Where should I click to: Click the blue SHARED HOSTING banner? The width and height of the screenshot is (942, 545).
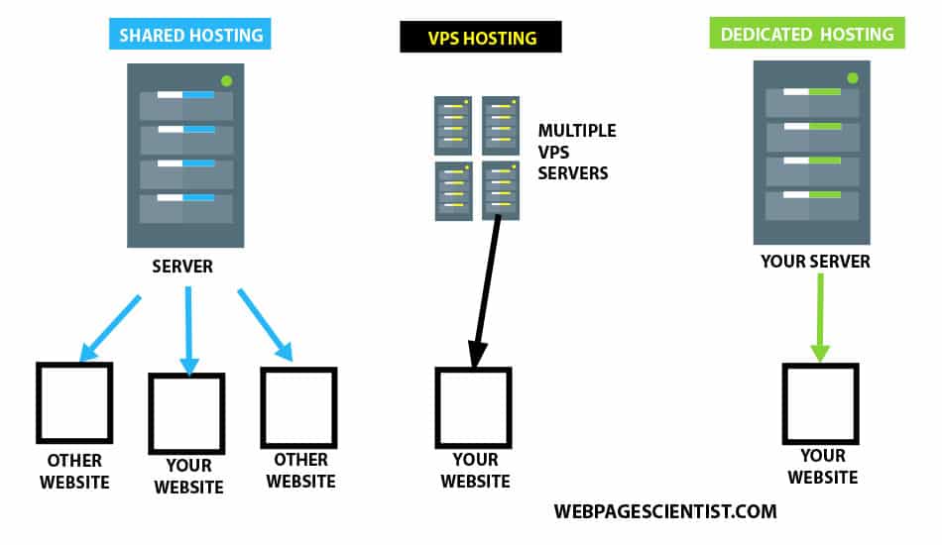[x=191, y=36]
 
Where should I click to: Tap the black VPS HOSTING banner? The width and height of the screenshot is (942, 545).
[x=481, y=39]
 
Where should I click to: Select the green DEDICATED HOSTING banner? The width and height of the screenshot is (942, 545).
[x=807, y=35]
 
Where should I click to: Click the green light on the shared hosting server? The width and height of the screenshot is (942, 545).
[x=227, y=80]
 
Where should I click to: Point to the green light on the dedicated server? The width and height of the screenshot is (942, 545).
[x=851, y=77]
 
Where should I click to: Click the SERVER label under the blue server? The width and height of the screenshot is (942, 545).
[x=182, y=268]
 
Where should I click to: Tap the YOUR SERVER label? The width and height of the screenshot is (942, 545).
[x=815, y=262]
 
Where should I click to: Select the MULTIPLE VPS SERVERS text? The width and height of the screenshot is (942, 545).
[x=576, y=152]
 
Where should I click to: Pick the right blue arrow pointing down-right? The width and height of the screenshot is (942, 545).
[x=265, y=325]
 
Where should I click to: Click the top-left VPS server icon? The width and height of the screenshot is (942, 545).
[x=453, y=125]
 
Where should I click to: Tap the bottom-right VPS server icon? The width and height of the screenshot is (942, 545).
[x=501, y=189]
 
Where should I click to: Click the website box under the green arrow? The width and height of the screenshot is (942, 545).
[x=820, y=403]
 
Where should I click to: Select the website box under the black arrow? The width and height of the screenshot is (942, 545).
[x=473, y=407]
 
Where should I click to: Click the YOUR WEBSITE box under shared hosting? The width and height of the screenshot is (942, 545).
[x=186, y=412]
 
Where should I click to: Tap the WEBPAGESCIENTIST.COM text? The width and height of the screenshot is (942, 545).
[x=665, y=512]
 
